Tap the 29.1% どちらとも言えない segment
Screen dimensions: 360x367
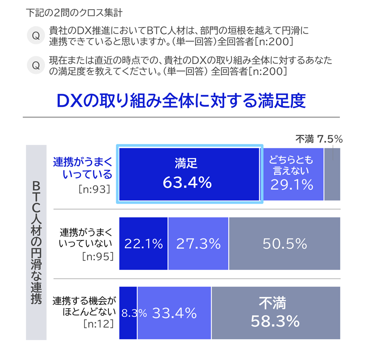(293, 174)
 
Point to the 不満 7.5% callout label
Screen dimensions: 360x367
(319, 138)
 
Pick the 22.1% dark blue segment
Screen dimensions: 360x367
(143, 244)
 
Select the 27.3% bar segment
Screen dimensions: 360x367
(198, 244)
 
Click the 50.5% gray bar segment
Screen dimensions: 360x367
(284, 244)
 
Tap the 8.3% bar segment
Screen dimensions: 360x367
(128, 314)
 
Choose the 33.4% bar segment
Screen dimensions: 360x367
(174, 314)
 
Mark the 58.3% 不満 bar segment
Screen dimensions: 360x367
(276, 314)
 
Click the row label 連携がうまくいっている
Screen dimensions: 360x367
(82, 168)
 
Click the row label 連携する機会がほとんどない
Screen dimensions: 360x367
(82, 306)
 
